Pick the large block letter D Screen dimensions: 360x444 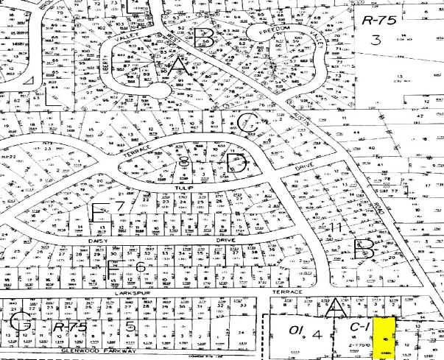pyautogui.click(x=237, y=163)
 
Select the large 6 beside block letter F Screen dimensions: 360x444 pyautogui.click(x=137, y=266)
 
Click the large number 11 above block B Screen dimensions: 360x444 pyautogui.click(x=335, y=227)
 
